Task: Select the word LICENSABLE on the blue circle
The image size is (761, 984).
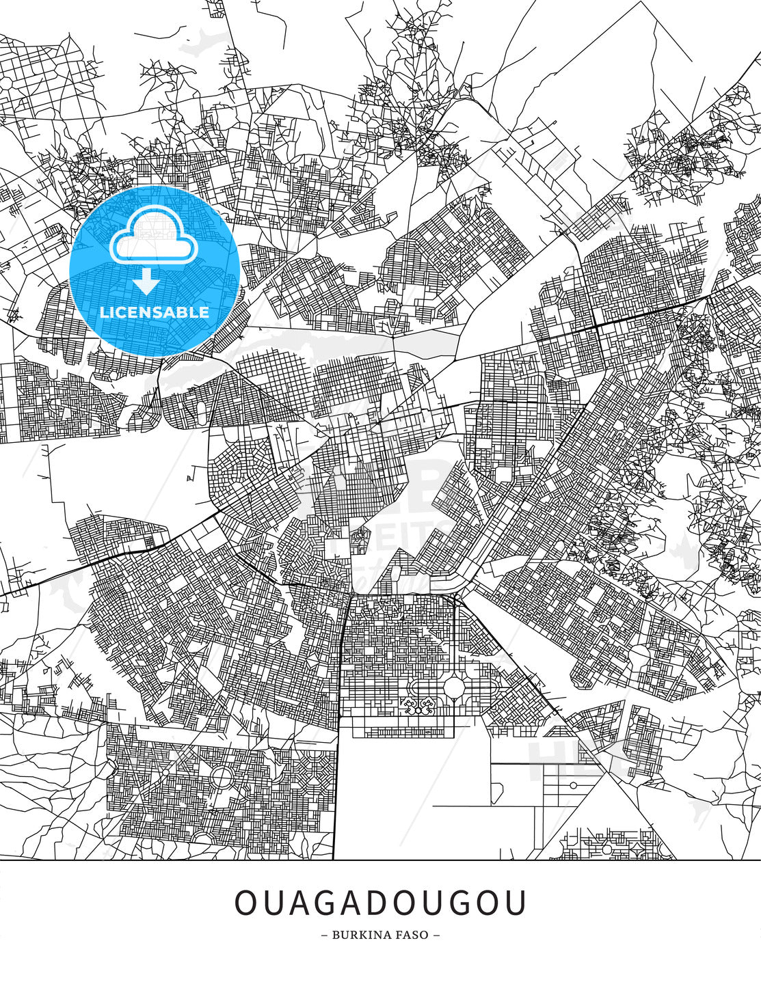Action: [155, 312]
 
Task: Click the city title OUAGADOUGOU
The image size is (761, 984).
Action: [381, 903]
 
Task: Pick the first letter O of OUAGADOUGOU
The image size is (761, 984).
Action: [245, 903]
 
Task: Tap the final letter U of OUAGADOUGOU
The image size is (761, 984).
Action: [516, 903]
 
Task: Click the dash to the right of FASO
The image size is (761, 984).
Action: [436, 935]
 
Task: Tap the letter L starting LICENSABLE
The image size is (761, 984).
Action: [103, 312]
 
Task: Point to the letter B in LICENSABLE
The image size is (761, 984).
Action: [185, 312]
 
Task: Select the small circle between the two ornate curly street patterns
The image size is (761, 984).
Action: [416, 710]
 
